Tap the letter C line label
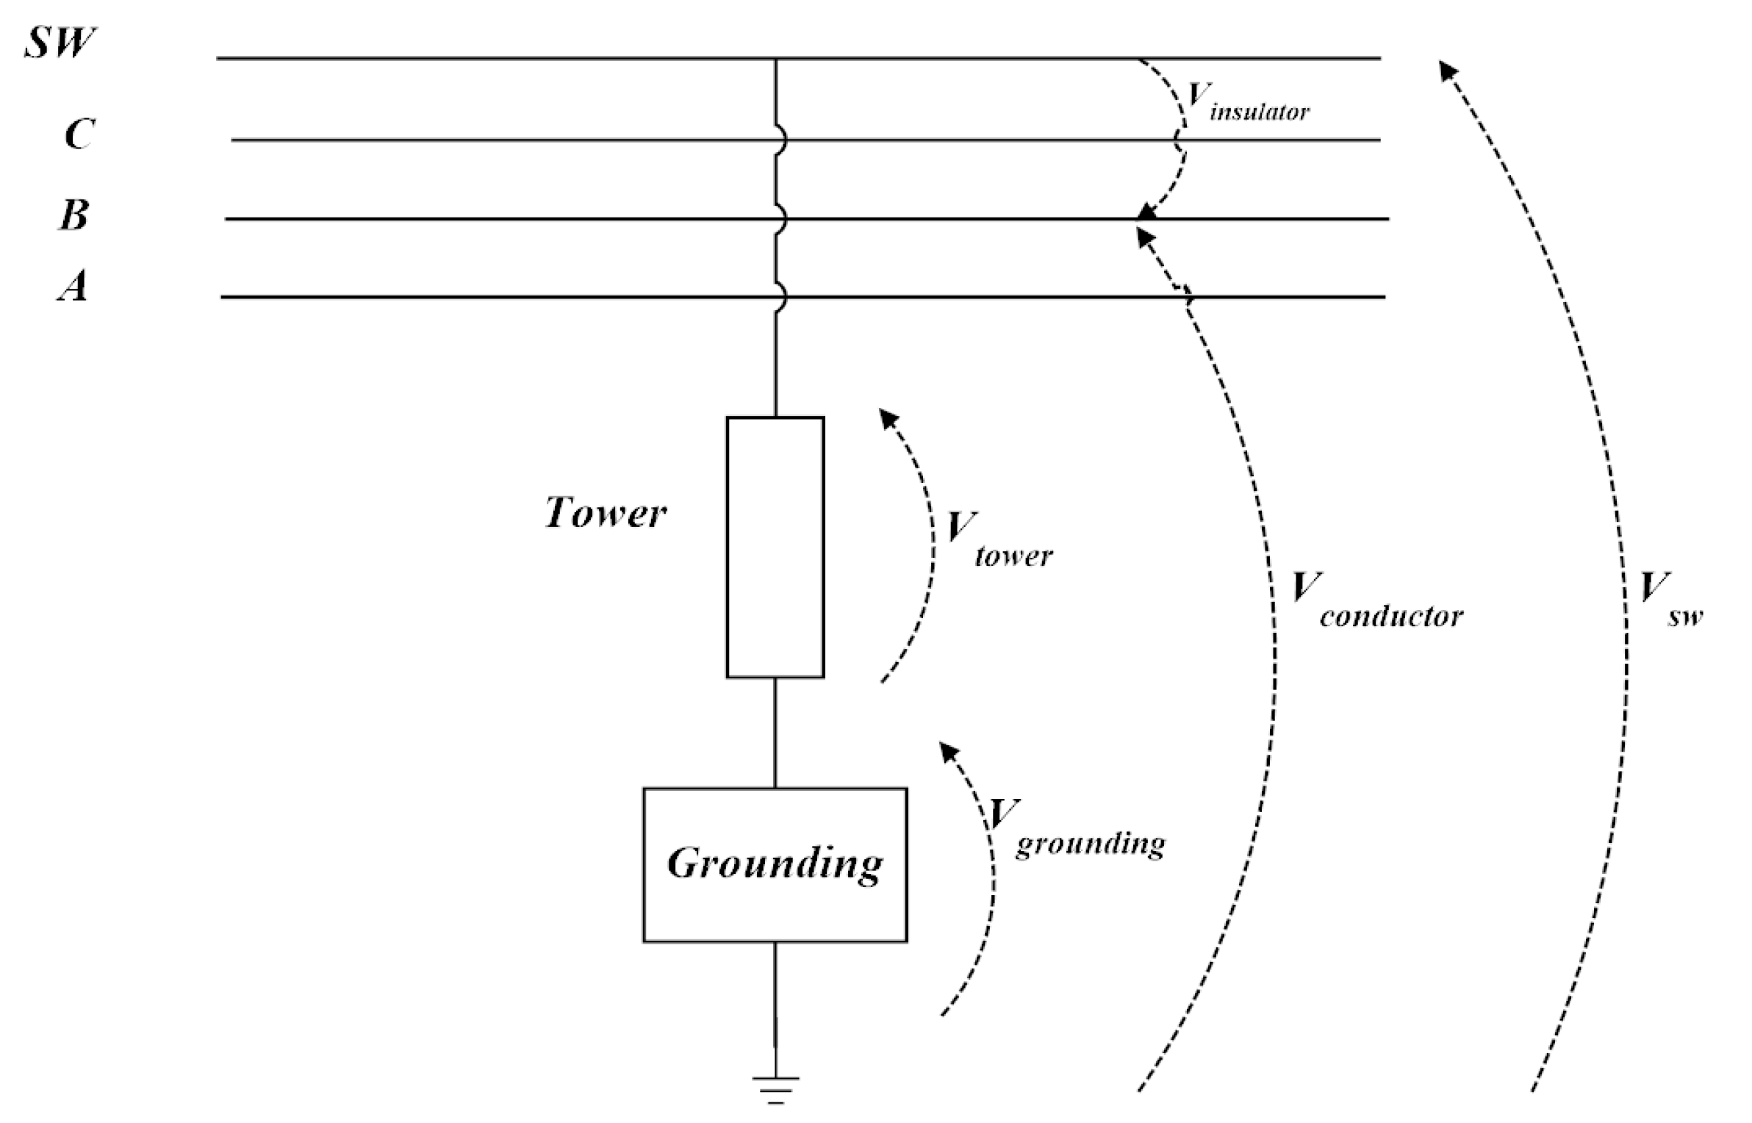(79, 134)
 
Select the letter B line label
(74, 215)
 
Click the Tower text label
(605, 512)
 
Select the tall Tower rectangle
(775, 547)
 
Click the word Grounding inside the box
(775, 863)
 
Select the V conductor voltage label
(1374, 600)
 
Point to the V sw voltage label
(1668, 600)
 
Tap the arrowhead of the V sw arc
(1448, 71)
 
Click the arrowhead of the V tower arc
(889, 419)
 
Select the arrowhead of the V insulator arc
(1145, 212)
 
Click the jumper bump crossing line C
(782, 140)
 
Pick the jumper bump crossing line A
(782, 298)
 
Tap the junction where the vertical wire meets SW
(775, 58)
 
